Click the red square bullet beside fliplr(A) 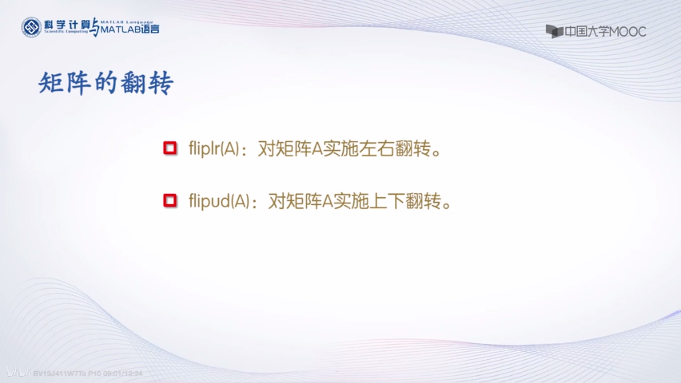(x=170, y=148)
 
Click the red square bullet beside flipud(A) (x=170, y=200)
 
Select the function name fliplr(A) (x=214, y=148)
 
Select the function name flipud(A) (x=219, y=201)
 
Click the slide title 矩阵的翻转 (x=106, y=83)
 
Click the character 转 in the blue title (x=161, y=83)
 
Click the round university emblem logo (x=31, y=27)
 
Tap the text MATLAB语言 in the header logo (x=130, y=29)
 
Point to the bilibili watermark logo (x=19, y=372)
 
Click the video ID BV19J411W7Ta (x=60, y=374)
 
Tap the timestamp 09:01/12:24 (x=123, y=374)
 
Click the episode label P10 (x=94, y=374)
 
